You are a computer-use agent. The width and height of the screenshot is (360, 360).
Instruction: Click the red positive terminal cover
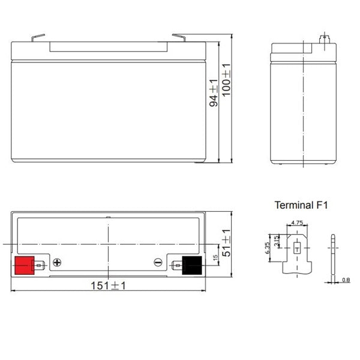click(25, 265)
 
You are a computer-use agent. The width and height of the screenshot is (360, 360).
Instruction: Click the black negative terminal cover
click(192, 265)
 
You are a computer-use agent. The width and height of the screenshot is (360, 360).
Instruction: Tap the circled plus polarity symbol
click(57, 262)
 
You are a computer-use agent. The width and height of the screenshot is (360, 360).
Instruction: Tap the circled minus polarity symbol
click(158, 262)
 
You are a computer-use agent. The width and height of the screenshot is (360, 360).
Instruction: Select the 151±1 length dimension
click(108, 286)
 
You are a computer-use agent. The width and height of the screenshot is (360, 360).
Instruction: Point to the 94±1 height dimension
click(214, 93)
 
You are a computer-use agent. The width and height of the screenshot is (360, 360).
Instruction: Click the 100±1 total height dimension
click(226, 80)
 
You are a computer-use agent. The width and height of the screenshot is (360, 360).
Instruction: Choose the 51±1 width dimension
click(226, 242)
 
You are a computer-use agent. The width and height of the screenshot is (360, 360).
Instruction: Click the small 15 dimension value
click(215, 257)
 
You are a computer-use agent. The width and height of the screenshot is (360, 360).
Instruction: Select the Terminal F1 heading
click(301, 205)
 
